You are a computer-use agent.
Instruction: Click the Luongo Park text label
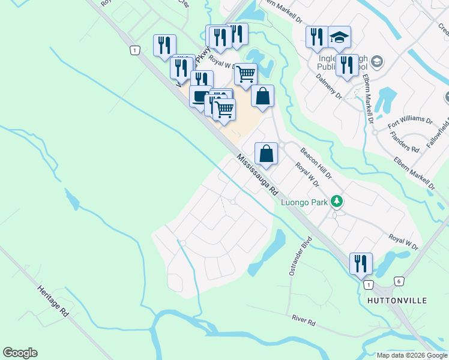[x=304, y=202]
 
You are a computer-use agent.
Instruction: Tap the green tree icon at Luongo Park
[x=338, y=201]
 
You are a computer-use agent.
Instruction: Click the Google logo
[x=20, y=353]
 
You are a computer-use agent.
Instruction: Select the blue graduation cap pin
[x=339, y=37]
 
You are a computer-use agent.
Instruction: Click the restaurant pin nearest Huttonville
[x=361, y=263]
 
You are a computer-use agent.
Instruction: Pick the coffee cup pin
[x=200, y=96]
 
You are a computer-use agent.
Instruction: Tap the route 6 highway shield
[x=399, y=281]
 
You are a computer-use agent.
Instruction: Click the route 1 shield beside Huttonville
[x=368, y=284]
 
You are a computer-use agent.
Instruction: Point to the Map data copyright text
[x=412, y=355]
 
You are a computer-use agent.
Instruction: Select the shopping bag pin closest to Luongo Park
[x=266, y=153]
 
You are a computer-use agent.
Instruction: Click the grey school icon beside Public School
[x=376, y=61]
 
